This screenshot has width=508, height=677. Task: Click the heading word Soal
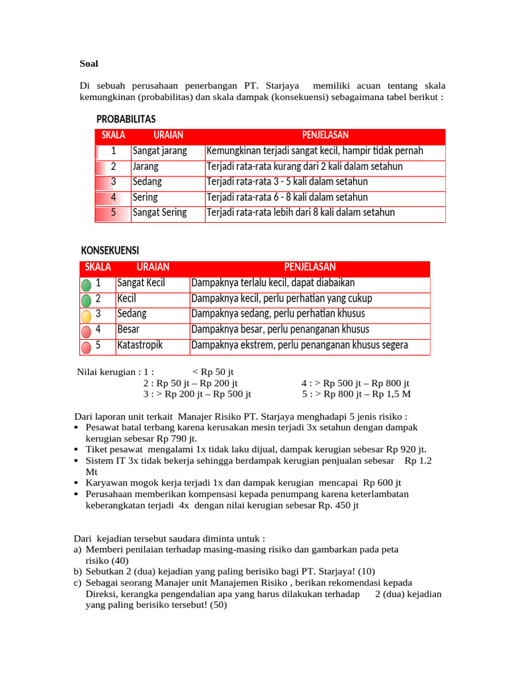click(x=89, y=63)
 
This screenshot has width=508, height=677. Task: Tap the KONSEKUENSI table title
click(x=110, y=251)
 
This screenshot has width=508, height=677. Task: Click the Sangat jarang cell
click(x=159, y=151)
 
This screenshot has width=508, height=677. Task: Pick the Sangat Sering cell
click(x=159, y=212)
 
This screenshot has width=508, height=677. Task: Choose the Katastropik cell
click(x=140, y=344)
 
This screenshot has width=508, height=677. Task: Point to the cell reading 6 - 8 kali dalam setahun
click(x=287, y=197)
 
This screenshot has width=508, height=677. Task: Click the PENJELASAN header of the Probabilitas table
click(x=325, y=135)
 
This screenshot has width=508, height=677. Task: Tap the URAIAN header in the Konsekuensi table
click(x=153, y=267)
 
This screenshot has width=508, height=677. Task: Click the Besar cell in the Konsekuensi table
click(x=128, y=329)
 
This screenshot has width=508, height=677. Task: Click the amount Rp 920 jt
click(x=405, y=448)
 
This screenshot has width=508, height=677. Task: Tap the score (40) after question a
click(x=125, y=559)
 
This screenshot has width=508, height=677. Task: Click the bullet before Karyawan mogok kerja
click(x=77, y=483)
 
